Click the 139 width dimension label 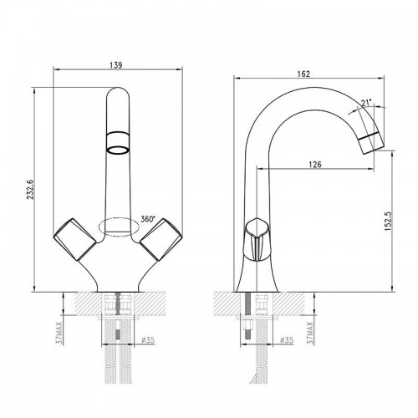(x=116, y=65)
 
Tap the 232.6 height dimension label (x=30, y=189)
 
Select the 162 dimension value (x=303, y=74)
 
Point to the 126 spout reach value (x=315, y=165)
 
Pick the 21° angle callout (x=366, y=103)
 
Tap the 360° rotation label (x=147, y=219)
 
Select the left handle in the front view (x=74, y=239)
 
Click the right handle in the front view (x=161, y=239)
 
